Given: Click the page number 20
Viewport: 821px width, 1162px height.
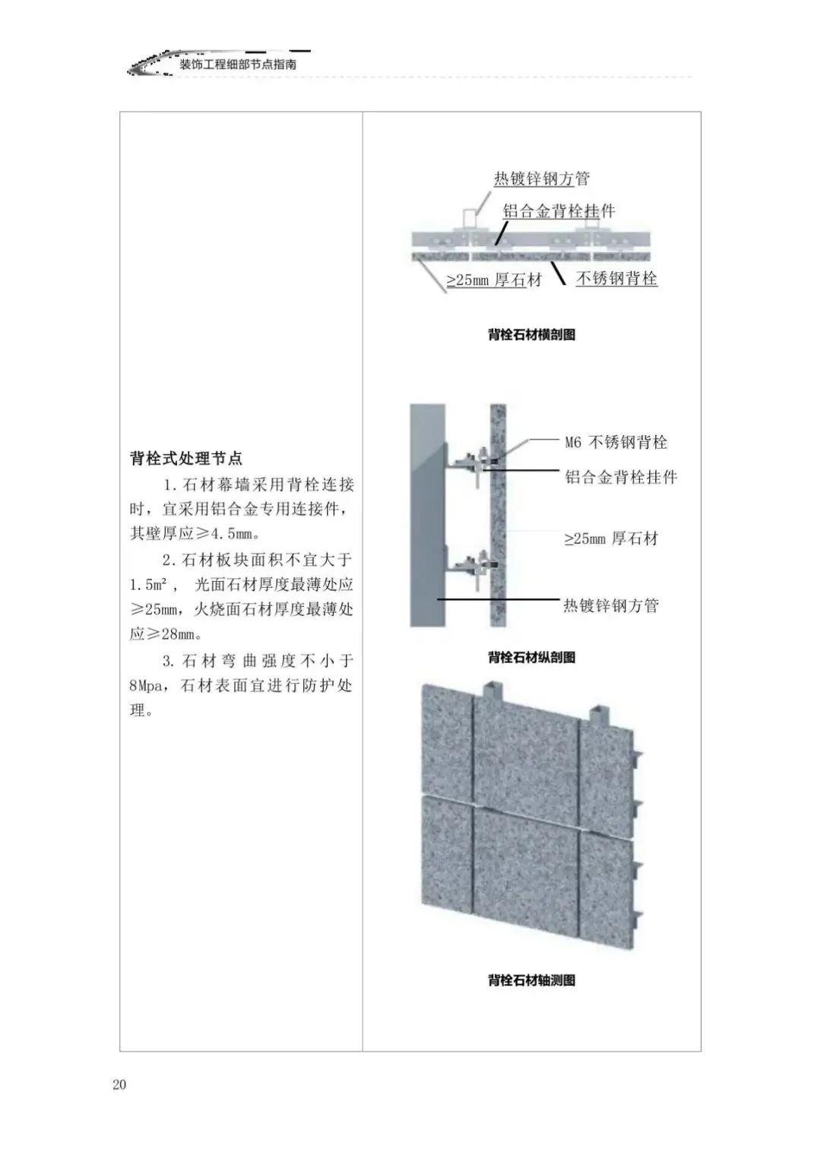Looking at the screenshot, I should point(119,1084).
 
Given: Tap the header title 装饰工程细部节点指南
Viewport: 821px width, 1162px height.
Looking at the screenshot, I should point(238,65).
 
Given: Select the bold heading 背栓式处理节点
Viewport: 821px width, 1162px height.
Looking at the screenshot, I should point(186,459).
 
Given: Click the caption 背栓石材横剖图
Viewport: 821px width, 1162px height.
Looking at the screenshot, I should point(531,335).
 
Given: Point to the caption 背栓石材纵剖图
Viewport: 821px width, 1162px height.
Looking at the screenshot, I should point(531,658).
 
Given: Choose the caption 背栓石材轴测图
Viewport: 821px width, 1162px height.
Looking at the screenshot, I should point(531,980).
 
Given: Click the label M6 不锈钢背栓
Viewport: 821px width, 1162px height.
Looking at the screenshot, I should point(616,442).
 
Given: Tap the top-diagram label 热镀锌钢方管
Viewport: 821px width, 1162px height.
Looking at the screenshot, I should point(541,179).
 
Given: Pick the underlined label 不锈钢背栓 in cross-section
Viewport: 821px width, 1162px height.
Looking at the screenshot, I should point(617,279).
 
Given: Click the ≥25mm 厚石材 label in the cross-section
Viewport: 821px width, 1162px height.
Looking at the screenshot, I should point(494,280).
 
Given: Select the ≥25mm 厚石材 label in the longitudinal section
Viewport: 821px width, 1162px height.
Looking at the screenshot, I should point(610,539).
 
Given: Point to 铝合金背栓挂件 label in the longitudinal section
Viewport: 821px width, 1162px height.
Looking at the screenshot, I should point(620,478).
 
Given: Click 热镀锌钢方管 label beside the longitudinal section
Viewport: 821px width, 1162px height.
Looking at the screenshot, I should point(610,606).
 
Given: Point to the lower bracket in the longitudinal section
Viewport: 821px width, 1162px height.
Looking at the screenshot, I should point(472,567).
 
